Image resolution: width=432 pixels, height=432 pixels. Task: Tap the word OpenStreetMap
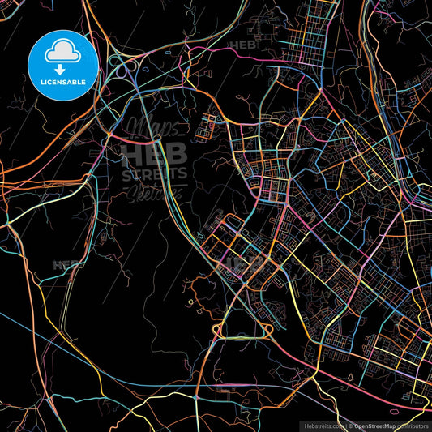point(374,425)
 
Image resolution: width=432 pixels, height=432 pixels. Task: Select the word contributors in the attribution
point(413,425)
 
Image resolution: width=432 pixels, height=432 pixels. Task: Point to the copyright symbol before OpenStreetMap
point(349,425)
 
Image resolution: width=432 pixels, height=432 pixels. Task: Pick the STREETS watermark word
point(154,173)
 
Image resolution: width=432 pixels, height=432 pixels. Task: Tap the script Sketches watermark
point(153,192)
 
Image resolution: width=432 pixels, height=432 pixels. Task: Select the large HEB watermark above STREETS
point(153,153)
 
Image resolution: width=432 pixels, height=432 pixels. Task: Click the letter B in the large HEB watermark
point(177,153)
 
